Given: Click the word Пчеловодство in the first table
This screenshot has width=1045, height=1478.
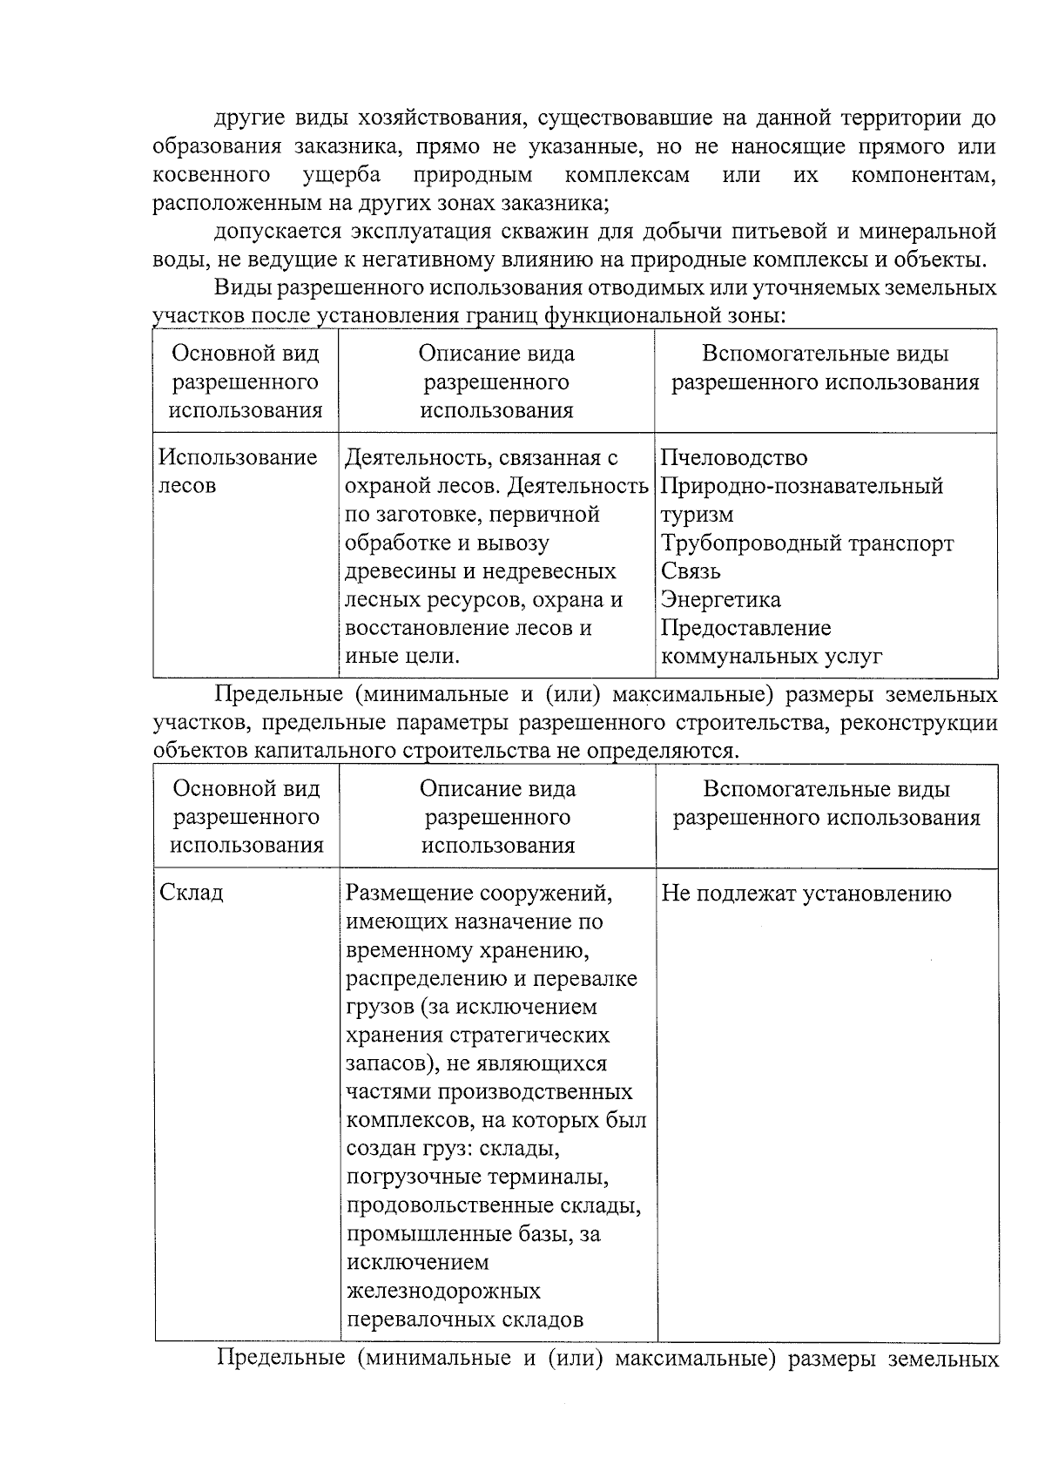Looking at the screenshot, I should tap(733, 458).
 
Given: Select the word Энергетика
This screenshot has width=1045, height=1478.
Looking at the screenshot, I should tap(720, 600).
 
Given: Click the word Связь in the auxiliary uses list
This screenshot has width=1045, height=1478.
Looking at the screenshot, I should tap(691, 571).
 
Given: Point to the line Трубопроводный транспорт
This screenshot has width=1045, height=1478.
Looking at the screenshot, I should tap(806, 543).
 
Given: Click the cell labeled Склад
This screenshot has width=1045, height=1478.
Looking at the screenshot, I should tap(192, 894).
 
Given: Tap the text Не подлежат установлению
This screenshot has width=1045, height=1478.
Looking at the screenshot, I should tap(806, 894).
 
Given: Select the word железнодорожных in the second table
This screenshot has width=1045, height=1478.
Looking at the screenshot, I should tap(443, 1291).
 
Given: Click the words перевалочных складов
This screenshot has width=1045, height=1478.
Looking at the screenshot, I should tap(464, 1319).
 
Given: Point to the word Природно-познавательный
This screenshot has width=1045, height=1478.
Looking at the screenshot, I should tap(801, 486).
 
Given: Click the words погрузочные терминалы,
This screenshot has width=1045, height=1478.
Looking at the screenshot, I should tap(476, 1178).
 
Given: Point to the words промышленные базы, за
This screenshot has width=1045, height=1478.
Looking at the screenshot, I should tap(473, 1234).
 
